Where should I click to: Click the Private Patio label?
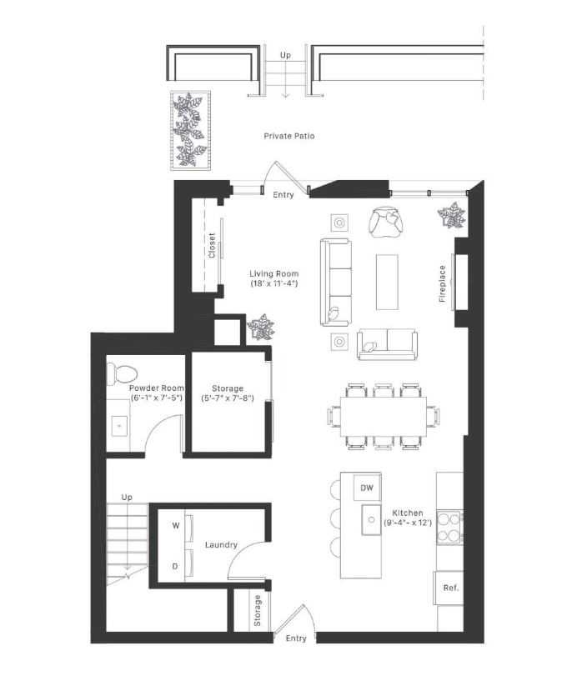pos(289,135)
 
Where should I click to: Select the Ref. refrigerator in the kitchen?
pos(451,588)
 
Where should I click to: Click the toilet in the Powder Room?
pos(123,373)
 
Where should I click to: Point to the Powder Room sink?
pos(119,426)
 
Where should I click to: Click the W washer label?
pos(175,526)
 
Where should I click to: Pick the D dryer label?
pos(175,567)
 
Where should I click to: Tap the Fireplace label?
pos(443,283)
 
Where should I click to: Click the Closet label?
pos(212,245)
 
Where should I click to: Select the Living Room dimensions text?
pos(274,284)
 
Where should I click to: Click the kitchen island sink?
pos(368,521)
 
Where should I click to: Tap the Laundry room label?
pos(221,545)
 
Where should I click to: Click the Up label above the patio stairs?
pos(285,55)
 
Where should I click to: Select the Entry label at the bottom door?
pos(296,638)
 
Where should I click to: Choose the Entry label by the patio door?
pos(283,194)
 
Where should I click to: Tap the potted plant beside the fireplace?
pos(451,217)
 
